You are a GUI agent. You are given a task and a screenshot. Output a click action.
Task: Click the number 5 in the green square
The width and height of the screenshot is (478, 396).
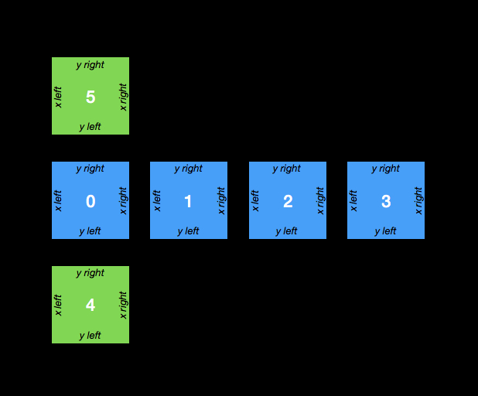(90, 97)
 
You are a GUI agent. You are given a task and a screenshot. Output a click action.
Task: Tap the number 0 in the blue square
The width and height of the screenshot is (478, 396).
(90, 202)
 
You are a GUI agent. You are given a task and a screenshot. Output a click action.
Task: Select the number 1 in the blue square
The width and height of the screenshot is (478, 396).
(188, 202)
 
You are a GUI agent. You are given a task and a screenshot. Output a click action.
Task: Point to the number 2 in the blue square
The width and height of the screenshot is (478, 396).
(288, 202)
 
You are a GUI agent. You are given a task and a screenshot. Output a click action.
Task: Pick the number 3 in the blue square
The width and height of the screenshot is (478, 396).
(386, 202)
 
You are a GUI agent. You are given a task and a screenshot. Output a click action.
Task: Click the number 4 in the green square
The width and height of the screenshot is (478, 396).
(90, 306)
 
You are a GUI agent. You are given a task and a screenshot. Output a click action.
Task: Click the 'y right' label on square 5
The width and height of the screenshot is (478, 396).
(90, 65)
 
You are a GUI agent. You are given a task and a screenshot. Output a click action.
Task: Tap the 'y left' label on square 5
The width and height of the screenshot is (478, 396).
(90, 127)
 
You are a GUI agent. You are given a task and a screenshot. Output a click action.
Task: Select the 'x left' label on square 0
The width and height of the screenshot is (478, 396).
(58, 201)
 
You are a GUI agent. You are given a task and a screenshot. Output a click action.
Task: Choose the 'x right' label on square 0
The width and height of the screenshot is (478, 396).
(123, 201)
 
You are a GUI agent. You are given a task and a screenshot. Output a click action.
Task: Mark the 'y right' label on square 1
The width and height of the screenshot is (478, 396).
(189, 169)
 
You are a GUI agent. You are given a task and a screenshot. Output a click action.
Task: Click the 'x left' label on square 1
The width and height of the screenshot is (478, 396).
(157, 201)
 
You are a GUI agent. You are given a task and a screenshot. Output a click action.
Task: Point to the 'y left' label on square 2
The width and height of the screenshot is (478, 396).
(287, 231)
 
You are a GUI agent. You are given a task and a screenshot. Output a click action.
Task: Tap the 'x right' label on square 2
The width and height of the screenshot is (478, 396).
(320, 201)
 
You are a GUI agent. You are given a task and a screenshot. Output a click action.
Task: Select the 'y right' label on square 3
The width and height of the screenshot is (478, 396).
(386, 169)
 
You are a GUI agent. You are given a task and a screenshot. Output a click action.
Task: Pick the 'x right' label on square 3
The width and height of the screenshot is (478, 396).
(418, 201)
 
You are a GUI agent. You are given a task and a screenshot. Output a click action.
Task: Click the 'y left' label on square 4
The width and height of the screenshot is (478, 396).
(90, 336)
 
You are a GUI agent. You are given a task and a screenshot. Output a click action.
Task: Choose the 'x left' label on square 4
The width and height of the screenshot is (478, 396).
(58, 305)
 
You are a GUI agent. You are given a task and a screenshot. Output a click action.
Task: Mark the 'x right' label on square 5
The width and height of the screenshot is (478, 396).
(123, 97)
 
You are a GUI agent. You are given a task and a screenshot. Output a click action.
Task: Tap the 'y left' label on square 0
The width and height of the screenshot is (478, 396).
(90, 231)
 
